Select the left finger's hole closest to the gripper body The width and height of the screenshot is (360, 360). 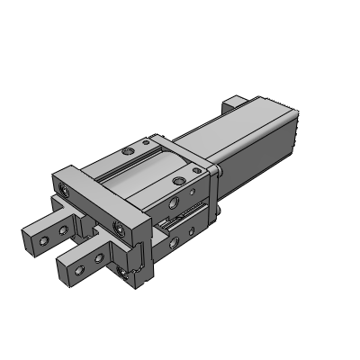pyautogui.click(x=62, y=229)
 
